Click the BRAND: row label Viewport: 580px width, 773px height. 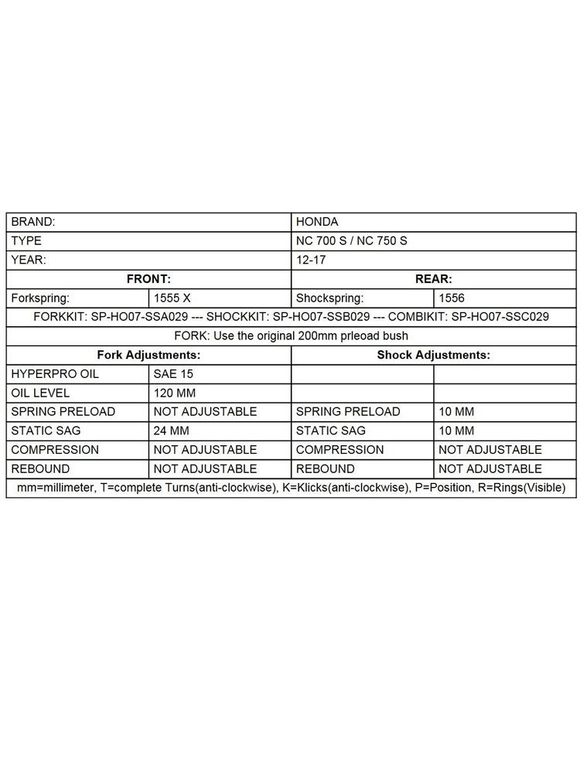(33, 222)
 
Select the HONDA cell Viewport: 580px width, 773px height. (317, 222)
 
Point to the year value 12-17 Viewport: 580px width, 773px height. (310, 261)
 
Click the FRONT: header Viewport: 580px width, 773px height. (148, 279)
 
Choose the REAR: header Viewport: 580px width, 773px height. (434, 279)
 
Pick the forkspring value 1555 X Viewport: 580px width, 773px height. (172, 298)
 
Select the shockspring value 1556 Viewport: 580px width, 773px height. (452, 298)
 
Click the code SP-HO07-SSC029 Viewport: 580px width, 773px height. (500, 317)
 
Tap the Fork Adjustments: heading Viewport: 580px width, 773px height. (148, 355)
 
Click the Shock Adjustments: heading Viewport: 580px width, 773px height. (434, 355)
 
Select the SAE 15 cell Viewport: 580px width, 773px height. (173, 373)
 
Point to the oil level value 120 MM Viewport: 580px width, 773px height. (175, 393)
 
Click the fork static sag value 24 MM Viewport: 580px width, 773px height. (172, 431)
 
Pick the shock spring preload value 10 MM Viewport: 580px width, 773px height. (456, 412)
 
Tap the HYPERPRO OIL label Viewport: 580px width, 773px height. (55, 373)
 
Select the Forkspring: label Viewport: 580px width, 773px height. (40, 298)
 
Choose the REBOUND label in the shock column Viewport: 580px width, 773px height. (326, 468)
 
